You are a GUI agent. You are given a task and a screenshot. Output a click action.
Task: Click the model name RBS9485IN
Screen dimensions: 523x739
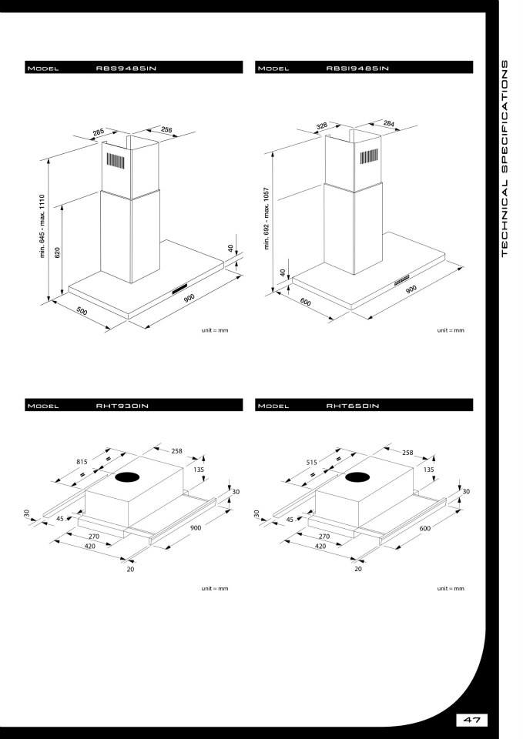[126, 68]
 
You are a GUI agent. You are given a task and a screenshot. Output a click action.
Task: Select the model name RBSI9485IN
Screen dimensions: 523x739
[357, 68]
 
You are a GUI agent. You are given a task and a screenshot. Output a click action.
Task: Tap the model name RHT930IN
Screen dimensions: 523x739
[122, 406]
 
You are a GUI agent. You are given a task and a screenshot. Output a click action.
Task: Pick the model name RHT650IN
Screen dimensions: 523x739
[353, 406]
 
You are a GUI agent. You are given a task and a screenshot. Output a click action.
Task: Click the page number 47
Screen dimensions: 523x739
[472, 720]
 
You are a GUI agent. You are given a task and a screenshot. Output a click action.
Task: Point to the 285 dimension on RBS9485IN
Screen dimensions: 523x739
[99, 132]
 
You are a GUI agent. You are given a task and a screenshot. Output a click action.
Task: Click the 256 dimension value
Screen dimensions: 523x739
[166, 129]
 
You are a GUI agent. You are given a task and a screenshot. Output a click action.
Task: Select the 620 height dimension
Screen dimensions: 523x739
[58, 252]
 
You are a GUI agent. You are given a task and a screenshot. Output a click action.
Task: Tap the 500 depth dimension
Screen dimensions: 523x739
[82, 311]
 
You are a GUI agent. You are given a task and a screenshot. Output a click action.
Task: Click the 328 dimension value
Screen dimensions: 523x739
[322, 125]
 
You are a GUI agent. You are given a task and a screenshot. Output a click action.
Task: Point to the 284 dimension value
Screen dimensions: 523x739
[389, 123]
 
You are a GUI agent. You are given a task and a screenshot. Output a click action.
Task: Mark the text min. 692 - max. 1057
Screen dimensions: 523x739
[267, 218]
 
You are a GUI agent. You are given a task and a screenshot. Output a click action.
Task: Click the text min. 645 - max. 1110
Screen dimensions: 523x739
[42, 226]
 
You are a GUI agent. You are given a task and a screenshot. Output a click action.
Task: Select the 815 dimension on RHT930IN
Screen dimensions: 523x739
[82, 462]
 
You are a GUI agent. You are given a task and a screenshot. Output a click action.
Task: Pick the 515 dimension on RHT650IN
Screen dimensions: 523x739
[312, 463]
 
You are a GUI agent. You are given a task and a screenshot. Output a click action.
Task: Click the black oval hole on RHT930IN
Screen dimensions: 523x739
[129, 477]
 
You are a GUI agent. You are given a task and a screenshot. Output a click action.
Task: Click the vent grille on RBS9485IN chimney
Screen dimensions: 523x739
[115, 161]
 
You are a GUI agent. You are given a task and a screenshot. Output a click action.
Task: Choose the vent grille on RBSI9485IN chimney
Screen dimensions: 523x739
[369, 156]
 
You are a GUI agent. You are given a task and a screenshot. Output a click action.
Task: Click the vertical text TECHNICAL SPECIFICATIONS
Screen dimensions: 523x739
[505, 159]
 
